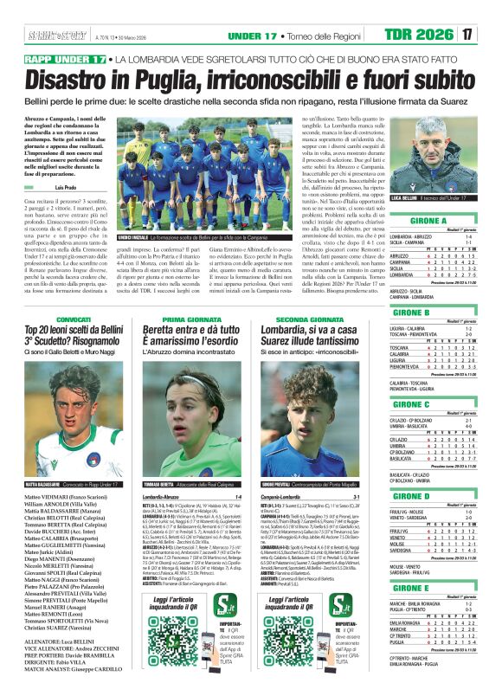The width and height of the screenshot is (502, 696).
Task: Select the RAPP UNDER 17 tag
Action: (x=67, y=58)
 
